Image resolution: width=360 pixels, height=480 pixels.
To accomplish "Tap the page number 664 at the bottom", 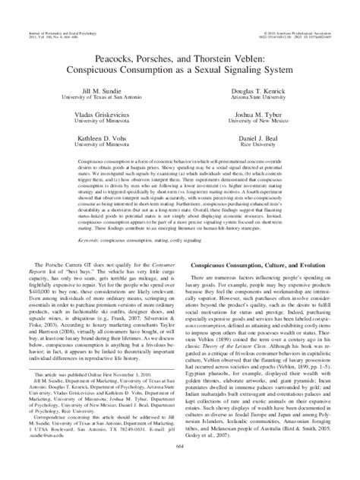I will (180, 468).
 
